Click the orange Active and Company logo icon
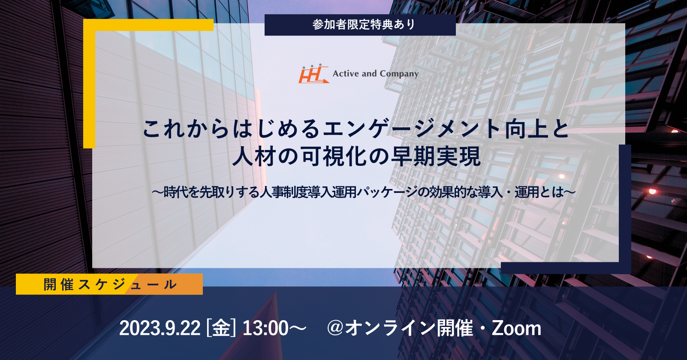coord(314,74)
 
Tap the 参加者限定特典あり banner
coord(360,25)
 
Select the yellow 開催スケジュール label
coord(109,284)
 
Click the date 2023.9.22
coord(160,328)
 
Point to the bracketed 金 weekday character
coord(221,328)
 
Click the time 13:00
coord(265,328)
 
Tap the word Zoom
coord(516,328)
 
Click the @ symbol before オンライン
coord(335,328)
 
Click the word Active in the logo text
coord(346,74)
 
